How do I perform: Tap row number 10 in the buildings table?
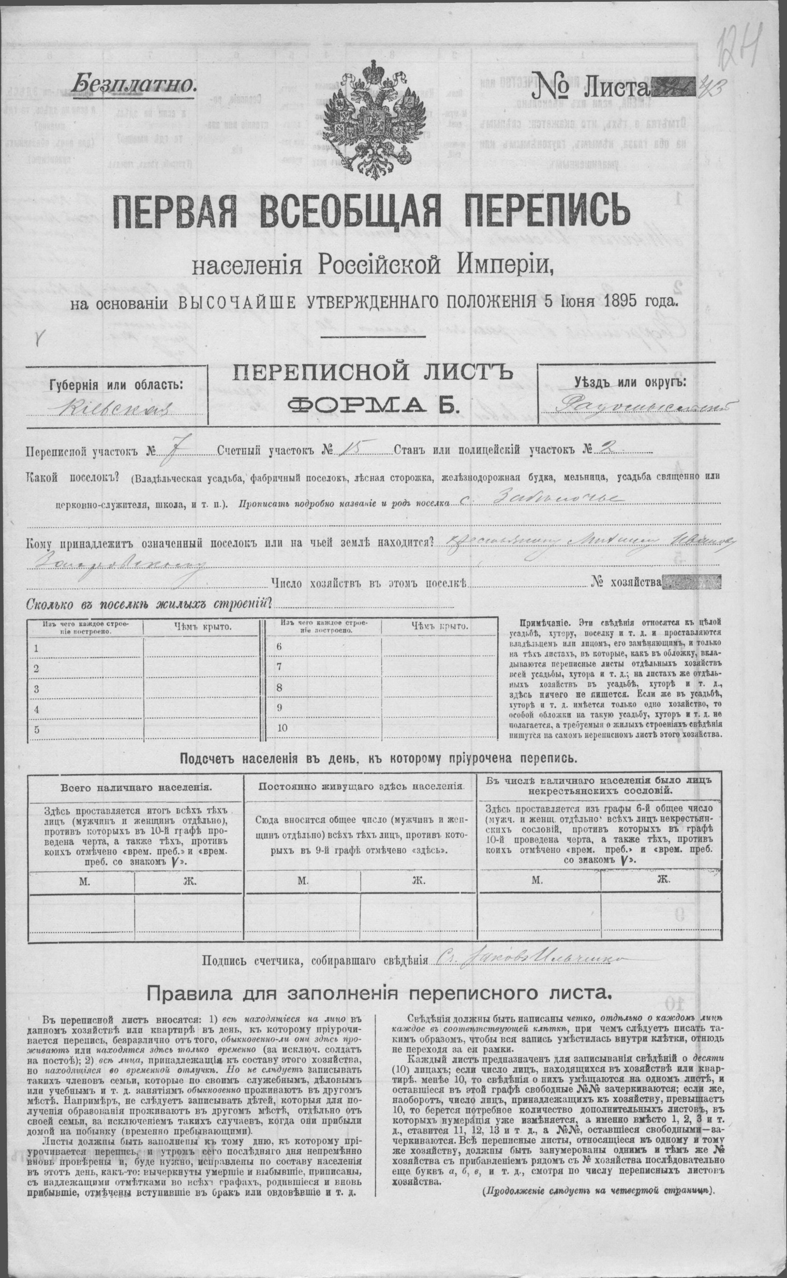click(x=283, y=728)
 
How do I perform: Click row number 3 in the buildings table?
click(x=36, y=689)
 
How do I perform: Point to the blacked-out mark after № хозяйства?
click(x=691, y=582)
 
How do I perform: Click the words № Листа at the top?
click(x=589, y=84)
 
